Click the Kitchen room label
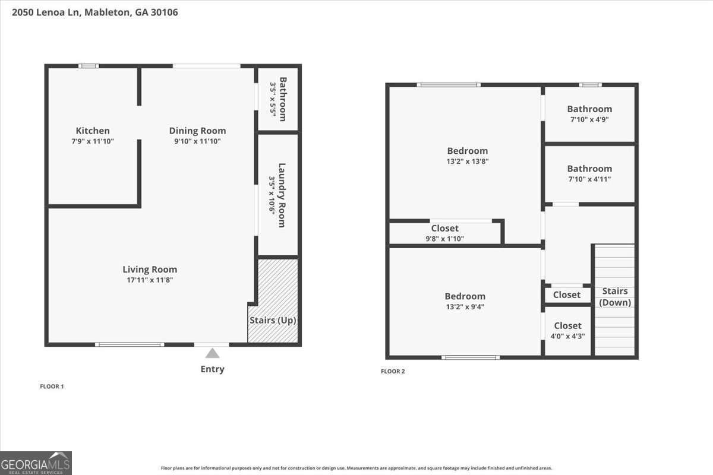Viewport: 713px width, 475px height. tap(93, 131)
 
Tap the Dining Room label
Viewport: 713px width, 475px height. tap(197, 131)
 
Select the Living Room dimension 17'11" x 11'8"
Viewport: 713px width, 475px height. tap(150, 280)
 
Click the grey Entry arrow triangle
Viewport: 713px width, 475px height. tap(212, 353)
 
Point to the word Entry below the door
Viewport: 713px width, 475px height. tap(212, 369)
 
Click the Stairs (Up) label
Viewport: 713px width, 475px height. tap(273, 320)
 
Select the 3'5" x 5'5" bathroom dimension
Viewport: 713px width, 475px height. tap(273, 99)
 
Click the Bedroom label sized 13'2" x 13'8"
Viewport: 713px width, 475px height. tap(468, 151)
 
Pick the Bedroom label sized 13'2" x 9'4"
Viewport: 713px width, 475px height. tap(465, 296)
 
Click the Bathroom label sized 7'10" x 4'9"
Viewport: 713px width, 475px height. tap(589, 109)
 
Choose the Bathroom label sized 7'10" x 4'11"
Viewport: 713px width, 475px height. tap(589, 169)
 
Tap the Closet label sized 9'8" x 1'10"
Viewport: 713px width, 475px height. tap(445, 228)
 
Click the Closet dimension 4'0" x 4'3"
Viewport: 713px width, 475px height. tap(568, 335)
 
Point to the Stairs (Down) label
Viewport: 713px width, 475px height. tap(615, 296)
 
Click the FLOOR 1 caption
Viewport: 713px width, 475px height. tap(52, 387)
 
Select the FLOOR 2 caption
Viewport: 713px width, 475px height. tap(393, 372)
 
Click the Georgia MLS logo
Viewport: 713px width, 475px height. tap(36, 463)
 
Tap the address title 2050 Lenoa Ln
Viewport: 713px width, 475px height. tap(94, 12)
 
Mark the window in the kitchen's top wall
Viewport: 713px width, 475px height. tap(89, 66)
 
